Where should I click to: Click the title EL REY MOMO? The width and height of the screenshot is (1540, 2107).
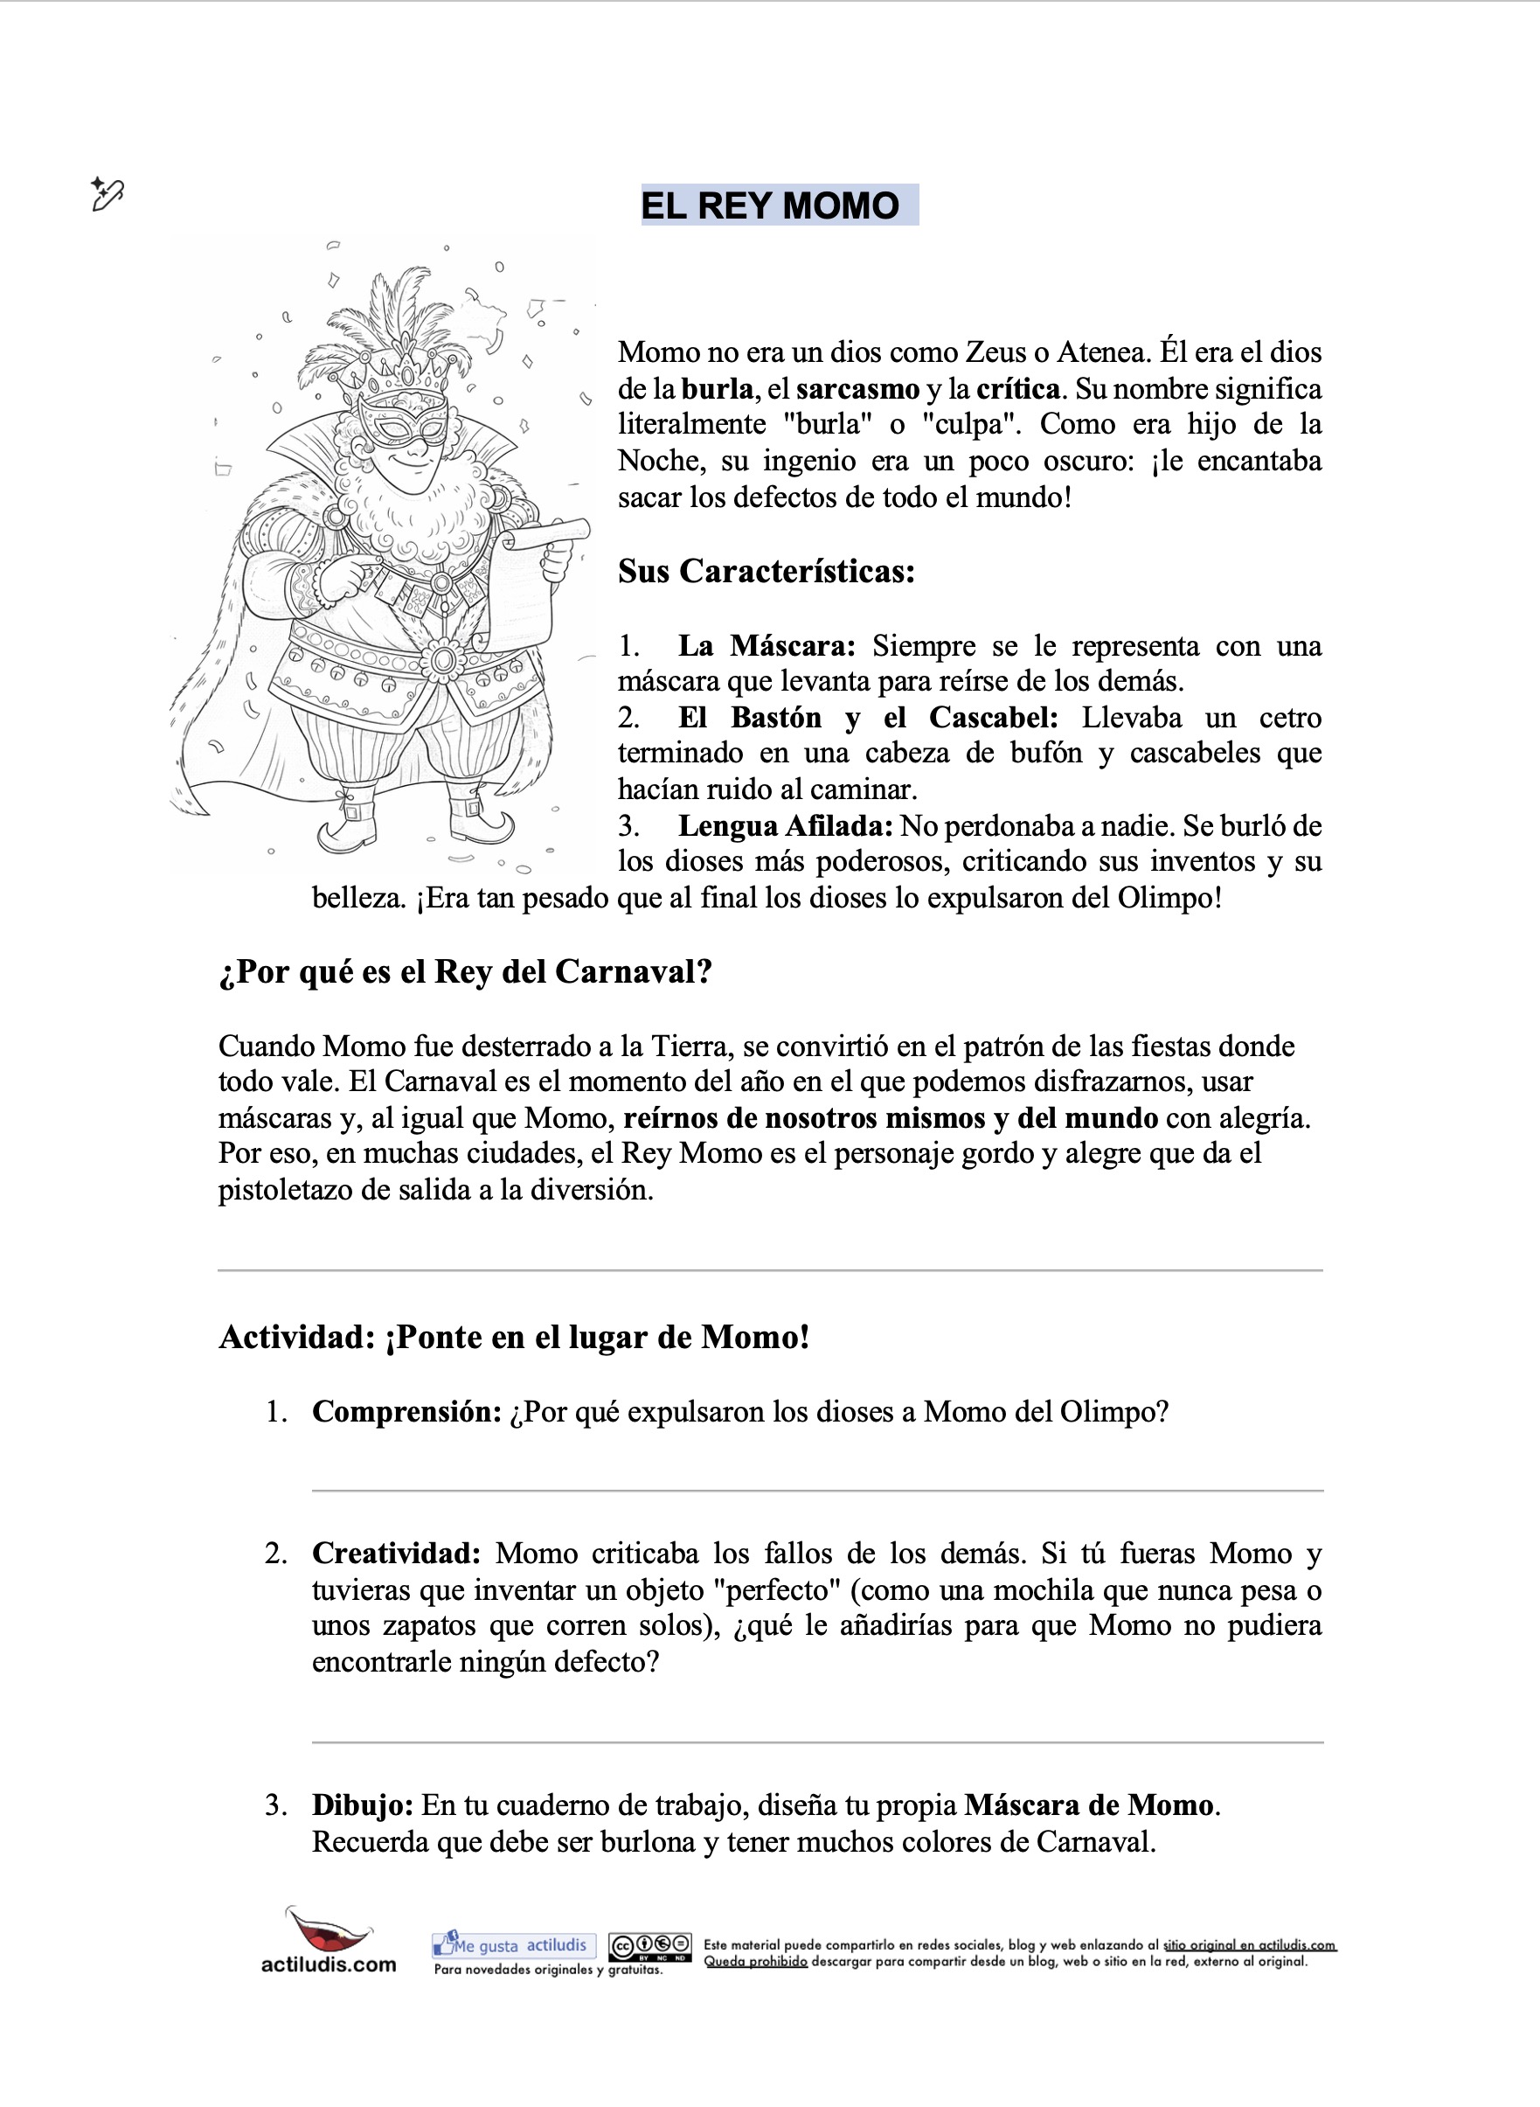pos(770,205)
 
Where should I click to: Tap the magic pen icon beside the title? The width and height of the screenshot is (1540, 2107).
pos(107,194)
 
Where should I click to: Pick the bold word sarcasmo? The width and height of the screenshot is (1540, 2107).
pos(857,389)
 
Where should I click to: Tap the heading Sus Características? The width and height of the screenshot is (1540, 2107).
pos(767,571)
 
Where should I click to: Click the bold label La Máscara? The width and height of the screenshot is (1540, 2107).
pos(767,645)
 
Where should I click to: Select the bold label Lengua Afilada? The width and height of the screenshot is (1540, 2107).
pos(785,826)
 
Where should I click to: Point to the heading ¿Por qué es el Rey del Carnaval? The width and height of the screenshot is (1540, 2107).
pos(465,971)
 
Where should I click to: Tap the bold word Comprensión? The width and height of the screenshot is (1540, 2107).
pos(407,1411)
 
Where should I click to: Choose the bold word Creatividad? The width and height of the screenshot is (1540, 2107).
pos(396,1554)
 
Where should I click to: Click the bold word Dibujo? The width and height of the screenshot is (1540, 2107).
pos(363,1805)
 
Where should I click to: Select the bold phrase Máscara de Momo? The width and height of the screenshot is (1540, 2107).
pos(1089,1805)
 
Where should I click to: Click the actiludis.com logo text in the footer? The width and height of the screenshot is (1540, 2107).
pos(328,1964)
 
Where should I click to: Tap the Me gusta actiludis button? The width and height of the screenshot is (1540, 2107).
pos(514,1944)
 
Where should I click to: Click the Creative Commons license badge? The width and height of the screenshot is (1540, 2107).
pos(649,1947)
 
